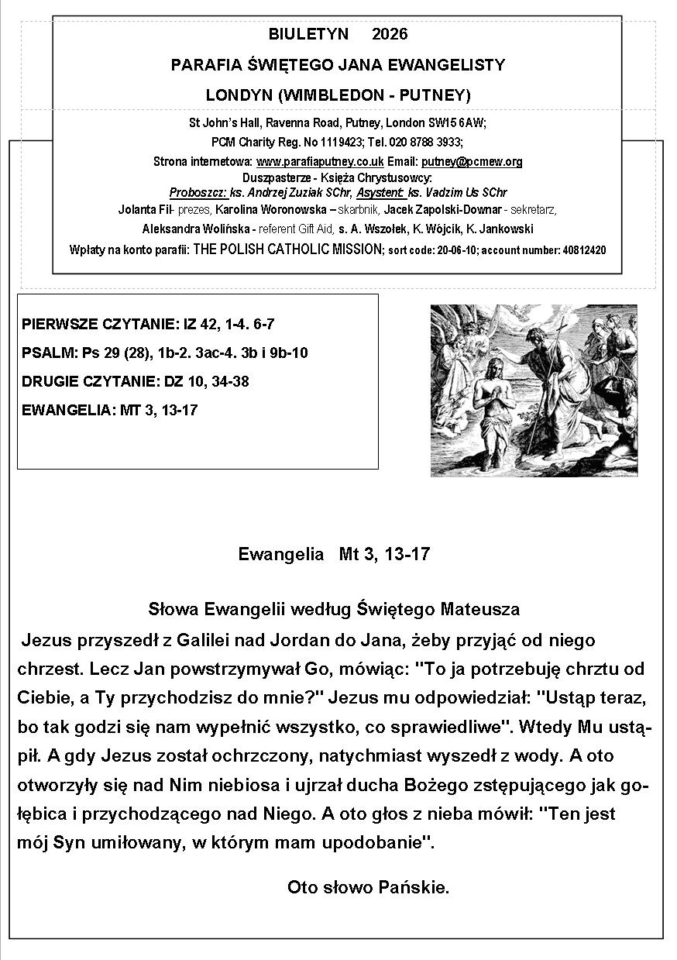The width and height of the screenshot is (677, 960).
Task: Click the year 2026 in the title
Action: pyautogui.click(x=390, y=35)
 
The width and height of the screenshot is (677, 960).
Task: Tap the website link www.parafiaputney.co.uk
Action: pyautogui.click(x=320, y=162)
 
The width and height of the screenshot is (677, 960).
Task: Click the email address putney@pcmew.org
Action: pyautogui.click(x=472, y=162)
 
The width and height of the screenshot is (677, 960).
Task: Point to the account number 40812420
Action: pyautogui.click(x=581, y=250)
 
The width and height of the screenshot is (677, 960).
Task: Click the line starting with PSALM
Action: pyautogui.click(x=165, y=353)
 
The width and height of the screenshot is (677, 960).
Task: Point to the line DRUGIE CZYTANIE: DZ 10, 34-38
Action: pyautogui.click(x=136, y=382)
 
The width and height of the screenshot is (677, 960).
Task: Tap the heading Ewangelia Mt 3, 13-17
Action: pyautogui.click(x=334, y=555)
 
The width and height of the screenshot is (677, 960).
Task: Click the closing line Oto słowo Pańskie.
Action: pyautogui.click(x=368, y=888)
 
